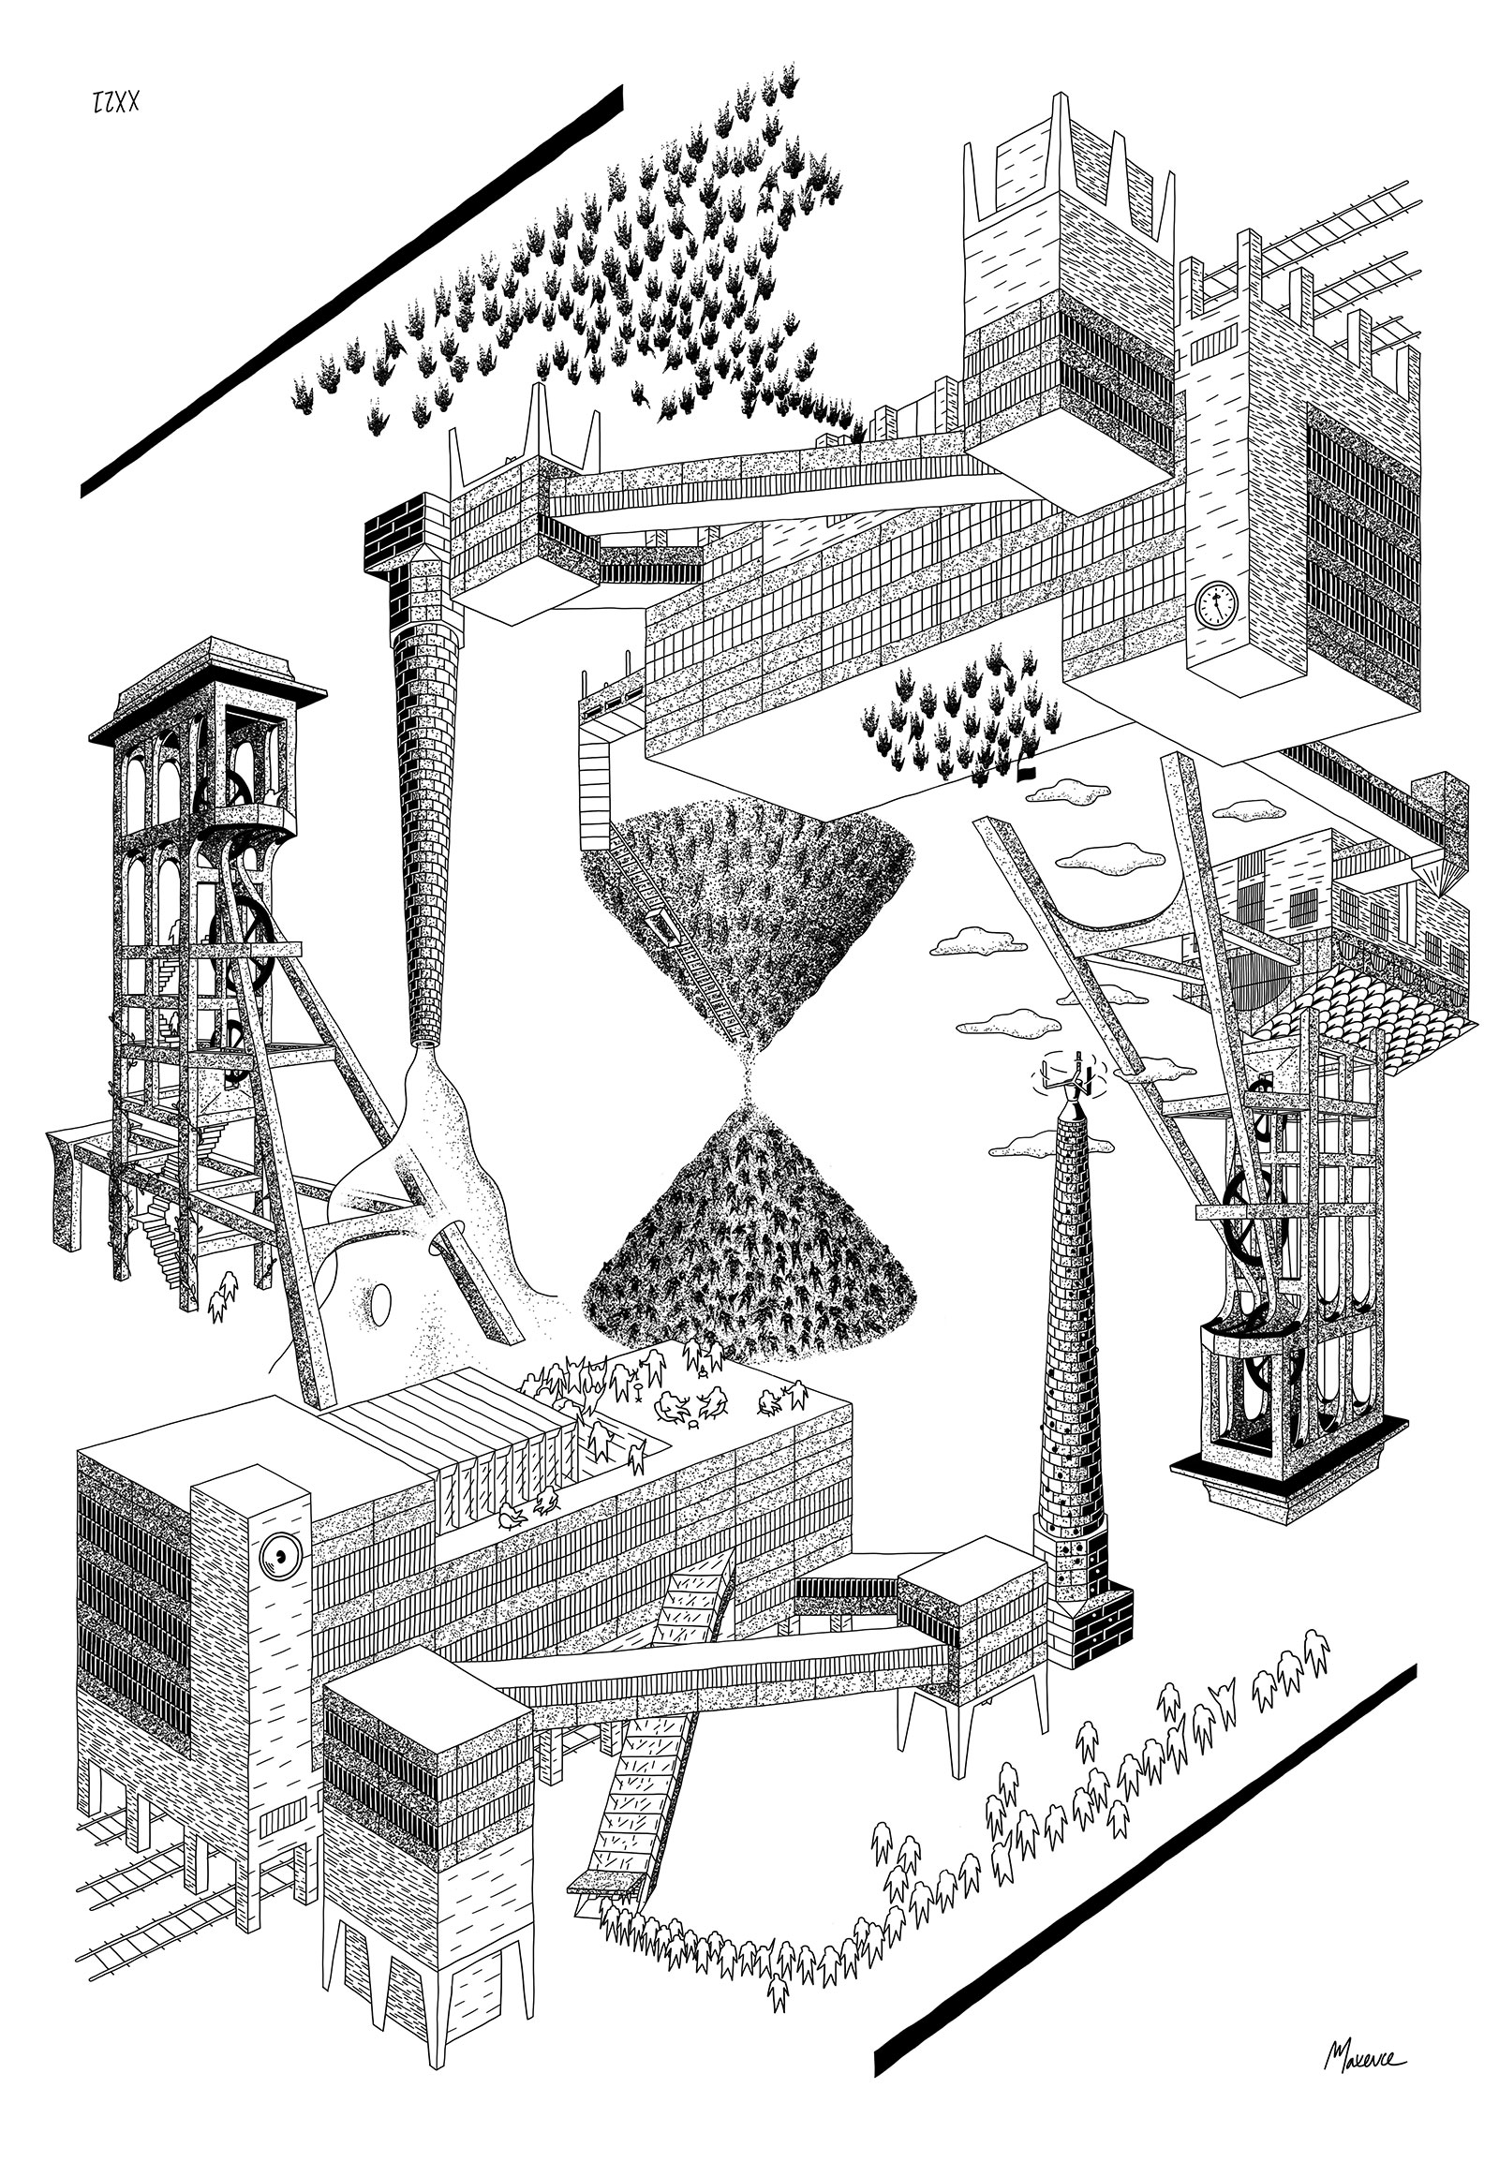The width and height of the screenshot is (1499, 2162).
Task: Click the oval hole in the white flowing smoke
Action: tap(382, 1303)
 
